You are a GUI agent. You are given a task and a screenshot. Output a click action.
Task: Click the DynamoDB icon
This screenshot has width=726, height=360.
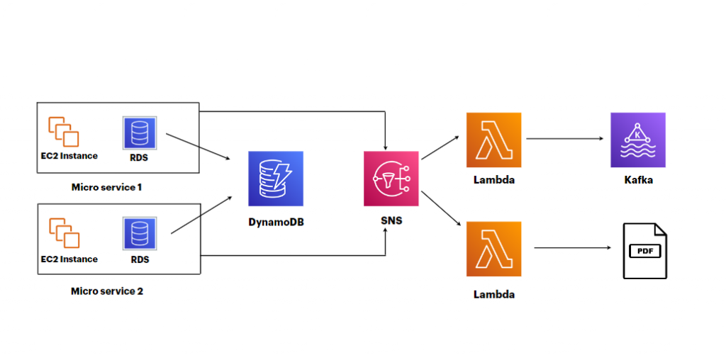[276, 179]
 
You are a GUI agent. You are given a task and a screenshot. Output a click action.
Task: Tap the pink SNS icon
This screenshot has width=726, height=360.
[391, 179]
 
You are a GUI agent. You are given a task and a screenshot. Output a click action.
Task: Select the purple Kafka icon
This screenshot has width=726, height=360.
[638, 140]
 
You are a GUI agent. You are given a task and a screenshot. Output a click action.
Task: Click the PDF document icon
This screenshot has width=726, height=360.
[644, 250]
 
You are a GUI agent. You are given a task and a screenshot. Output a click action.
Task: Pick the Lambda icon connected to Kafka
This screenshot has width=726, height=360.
[494, 140]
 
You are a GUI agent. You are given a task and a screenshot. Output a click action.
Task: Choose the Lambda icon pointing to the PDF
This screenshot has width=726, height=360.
[494, 249]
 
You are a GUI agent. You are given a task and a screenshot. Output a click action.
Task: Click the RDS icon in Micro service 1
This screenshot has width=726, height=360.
[140, 134]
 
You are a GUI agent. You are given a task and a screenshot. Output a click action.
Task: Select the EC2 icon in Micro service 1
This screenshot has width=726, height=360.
[63, 132]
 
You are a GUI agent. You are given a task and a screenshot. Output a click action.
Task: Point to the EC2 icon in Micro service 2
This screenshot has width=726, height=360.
[63, 234]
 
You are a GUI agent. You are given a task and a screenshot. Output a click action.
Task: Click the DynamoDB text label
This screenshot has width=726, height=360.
[276, 222]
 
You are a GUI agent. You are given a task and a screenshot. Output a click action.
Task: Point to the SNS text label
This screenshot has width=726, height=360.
[391, 220]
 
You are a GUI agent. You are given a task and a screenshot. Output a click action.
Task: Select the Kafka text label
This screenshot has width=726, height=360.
[638, 180]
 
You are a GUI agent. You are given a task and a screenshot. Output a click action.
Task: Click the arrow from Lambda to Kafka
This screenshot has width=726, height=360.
[565, 139]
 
